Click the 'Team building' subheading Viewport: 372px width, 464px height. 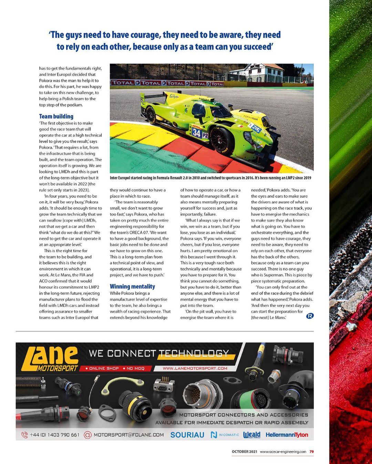point(56,116)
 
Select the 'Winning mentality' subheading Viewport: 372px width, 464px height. point(132,286)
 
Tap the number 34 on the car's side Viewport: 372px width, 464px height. point(196,133)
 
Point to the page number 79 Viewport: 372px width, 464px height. point(311,452)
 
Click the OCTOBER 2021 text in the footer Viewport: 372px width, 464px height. point(244,452)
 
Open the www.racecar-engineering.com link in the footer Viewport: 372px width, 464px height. point(283,452)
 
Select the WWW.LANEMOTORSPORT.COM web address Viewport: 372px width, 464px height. point(195,368)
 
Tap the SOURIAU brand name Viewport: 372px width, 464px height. point(187,435)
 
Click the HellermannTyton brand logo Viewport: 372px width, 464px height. point(287,435)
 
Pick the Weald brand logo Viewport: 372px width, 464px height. point(251,435)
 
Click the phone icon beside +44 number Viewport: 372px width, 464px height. point(24,435)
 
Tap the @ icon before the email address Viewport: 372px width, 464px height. point(88,435)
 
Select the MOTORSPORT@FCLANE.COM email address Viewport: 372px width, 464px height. point(128,435)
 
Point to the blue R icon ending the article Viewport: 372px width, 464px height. point(310,316)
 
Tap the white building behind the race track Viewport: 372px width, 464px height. point(256,72)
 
